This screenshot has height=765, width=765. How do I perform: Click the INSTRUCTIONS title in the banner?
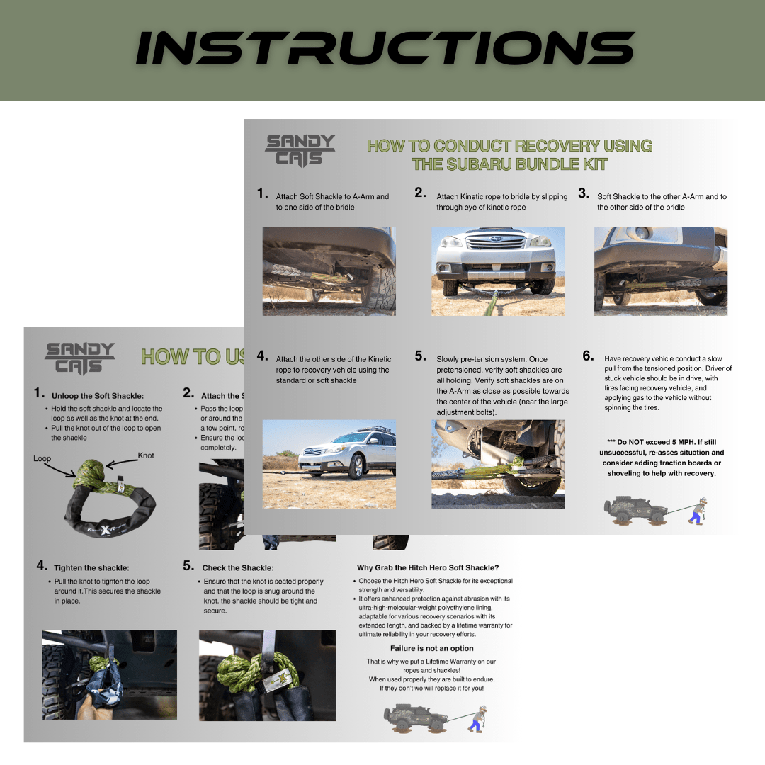coord(384,49)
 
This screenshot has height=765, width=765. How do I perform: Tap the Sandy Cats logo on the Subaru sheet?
coord(300,151)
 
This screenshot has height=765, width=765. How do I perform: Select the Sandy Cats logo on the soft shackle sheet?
coord(79,358)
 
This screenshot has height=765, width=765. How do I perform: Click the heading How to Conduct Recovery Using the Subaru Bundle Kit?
coord(509,155)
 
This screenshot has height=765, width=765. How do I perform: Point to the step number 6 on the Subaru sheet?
coord(588,356)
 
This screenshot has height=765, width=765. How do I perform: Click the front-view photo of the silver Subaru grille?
coord(498,271)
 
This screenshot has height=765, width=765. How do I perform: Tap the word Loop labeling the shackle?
coord(42,458)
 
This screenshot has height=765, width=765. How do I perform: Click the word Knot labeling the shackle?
coord(146,455)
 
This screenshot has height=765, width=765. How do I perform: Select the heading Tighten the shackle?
coord(91,567)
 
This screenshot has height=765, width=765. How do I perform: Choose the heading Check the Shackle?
coord(237,567)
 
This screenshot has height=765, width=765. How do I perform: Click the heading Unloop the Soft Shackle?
coord(97,395)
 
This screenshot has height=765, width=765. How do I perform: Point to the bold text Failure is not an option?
coord(431,648)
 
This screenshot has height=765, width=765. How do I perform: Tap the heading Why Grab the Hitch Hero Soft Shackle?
coord(428,567)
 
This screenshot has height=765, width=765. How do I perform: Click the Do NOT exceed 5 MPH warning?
coord(661,458)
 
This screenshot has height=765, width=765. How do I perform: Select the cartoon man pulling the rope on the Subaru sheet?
coord(698,510)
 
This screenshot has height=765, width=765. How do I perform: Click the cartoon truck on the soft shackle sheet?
coord(414,718)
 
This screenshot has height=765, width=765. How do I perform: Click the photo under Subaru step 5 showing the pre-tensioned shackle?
coord(498,463)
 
